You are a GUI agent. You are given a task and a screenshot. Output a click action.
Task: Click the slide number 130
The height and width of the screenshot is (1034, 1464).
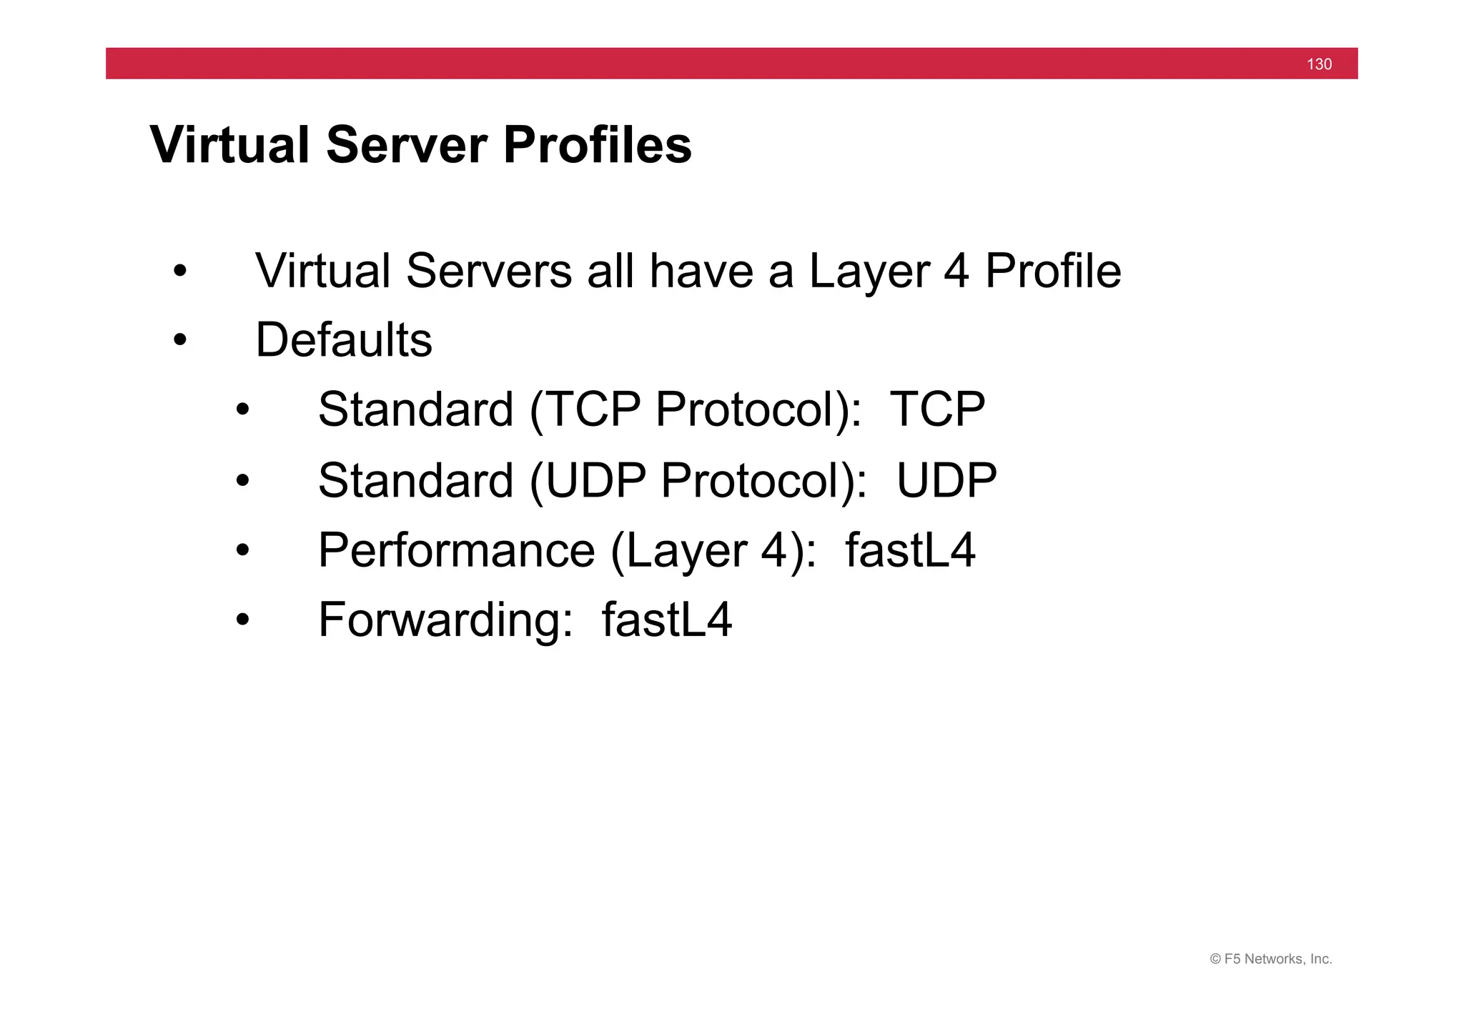[1319, 64]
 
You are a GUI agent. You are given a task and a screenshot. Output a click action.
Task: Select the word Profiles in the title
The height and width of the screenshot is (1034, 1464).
[597, 145]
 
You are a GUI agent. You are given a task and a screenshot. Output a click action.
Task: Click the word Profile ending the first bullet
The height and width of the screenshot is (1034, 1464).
[1052, 272]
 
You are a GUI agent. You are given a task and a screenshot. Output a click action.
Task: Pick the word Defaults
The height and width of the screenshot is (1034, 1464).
[344, 340]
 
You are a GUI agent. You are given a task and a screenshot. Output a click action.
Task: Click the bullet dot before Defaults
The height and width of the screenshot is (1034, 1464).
[179, 341]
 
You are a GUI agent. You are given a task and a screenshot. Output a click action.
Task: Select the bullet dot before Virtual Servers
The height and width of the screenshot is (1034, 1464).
[179, 272]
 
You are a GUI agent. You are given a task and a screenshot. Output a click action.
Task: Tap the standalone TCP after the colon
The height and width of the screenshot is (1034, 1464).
[937, 409]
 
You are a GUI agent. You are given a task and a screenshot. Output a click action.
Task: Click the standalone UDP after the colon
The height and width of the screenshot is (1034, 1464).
[946, 480]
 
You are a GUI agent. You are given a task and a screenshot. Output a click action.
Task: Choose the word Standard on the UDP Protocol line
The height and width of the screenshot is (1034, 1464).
[415, 480]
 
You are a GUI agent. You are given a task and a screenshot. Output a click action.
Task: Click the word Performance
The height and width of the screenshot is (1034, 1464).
[456, 550]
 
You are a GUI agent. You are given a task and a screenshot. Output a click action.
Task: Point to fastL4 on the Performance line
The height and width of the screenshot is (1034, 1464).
[910, 550]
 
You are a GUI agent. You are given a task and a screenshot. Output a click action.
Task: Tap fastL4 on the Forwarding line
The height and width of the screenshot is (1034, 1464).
[667, 620]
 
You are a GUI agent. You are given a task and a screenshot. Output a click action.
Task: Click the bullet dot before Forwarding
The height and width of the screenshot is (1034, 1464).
[242, 620]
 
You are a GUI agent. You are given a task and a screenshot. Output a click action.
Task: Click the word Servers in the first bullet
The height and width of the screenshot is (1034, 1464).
[489, 272]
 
